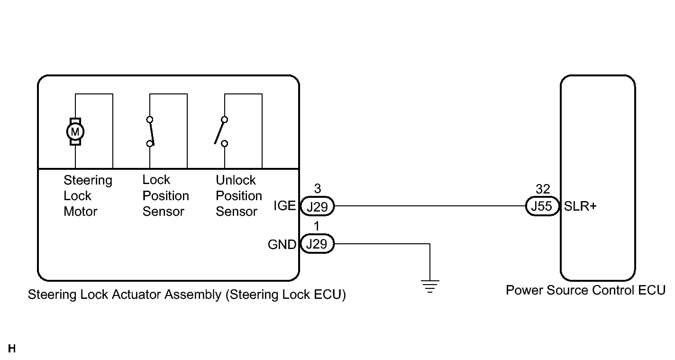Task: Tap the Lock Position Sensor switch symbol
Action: click(151, 131)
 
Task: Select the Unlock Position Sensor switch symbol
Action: click(221, 131)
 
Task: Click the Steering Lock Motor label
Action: click(88, 196)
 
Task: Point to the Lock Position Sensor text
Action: click(165, 196)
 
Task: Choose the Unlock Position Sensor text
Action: click(239, 196)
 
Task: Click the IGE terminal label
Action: click(284, 206)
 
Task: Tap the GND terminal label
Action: click(282, 245)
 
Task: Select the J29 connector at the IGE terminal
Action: click(317, 207)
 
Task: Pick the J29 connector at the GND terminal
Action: click(317, 244)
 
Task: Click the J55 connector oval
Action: click(543, 207)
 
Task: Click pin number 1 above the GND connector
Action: click(317, 227)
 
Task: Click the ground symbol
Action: click(430, 286)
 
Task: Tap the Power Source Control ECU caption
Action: click(585, 290)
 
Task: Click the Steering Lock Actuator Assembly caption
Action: click(187, 295)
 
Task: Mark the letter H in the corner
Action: click(12, 349)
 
